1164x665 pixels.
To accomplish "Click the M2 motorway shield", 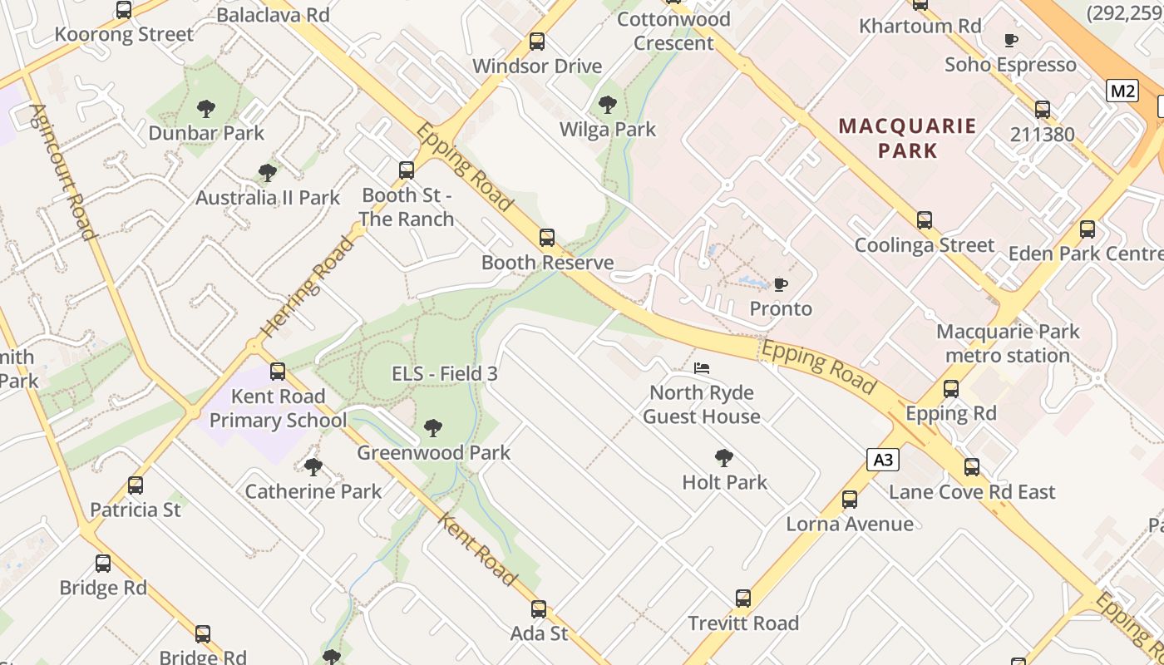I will pyautogui.click(x=1122, y=91).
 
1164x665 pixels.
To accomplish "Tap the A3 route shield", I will pyautogui.click(x=883, y=460).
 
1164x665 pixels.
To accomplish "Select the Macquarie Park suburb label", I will pyautogui.click(x=906, y=138).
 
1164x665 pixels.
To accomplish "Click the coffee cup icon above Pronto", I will pyautogui.click(x=781, y=285).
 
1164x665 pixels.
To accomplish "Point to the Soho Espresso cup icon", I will pyautogui.click(x=1011, y=41).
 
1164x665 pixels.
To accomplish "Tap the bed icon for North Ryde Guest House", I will pyautogui.click(x=702, y=368).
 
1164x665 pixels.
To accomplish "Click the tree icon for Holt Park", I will pyautogui.click(x=724, y=458).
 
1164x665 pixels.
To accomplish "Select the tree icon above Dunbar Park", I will pyautogui.click(x=206, y=109).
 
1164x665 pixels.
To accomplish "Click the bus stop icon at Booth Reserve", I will pyautogui.click(x=547, y=239).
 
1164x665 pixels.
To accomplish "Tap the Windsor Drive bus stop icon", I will pyautogui.click(x=537, y=42).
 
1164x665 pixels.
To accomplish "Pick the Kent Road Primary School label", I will pyautogui.click(x=278, y=408).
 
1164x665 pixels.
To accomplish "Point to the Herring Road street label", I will pyautogui.click(x=307, y=286).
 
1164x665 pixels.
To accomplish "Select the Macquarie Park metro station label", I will pyautogui.click(x=1008, y=343).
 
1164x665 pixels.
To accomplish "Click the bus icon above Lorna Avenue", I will pyautogui.click(x=849, y=500).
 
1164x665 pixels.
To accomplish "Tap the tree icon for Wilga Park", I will pyautogui.click(x=608, y=105).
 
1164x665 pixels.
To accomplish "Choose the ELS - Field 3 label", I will pyautogui.click(x=445, y=374).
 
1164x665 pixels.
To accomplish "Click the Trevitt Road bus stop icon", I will pyautogui.click(x=743, y=598).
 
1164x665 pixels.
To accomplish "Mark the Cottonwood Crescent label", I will pyautogui.click(x=673, y=31).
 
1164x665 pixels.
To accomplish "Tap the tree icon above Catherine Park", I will pyautogui.click(x=313, y=467).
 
